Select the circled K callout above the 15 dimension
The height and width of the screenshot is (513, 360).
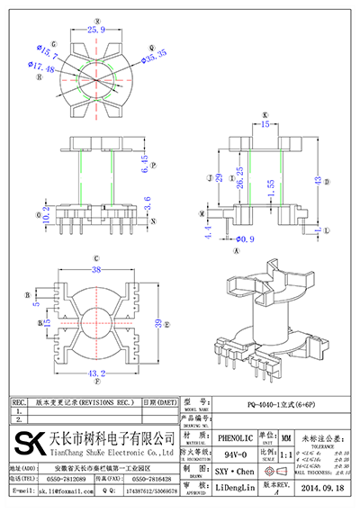(265, 114)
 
